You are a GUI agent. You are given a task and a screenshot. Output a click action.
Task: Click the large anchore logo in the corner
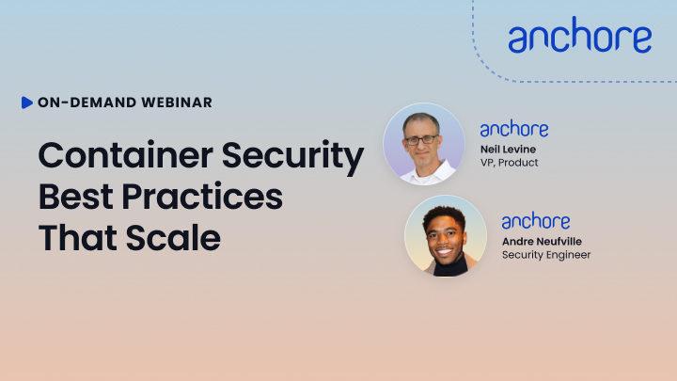pyautogui.click(x=580, y=35)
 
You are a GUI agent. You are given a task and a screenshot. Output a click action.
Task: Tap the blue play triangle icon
pyautogui.click(x=26, y=103)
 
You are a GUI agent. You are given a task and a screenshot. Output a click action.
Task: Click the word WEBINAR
pyautogui.click(x=177, y=103)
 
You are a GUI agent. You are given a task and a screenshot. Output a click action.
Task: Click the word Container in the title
pyautogui.click(x=126, y=154)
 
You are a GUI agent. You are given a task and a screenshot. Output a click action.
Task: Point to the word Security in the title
pyautogui.click(x=292, y=157)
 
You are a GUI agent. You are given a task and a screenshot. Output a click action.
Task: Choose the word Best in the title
pyautogui.click(x=76, y=197)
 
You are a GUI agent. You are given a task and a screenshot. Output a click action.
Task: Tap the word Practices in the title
pyautogui.click(x=202, y=197)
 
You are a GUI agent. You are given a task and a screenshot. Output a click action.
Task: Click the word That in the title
pyautogui.click(x=78, y=237)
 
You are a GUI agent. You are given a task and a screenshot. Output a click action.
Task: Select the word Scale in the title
pyautogui.click(x=173, y=237)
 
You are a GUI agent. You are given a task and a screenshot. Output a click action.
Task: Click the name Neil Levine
pyautogui.click(x=508, y=150)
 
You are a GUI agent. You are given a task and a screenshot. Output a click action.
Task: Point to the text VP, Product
pyautogui.click(x=510, y=163)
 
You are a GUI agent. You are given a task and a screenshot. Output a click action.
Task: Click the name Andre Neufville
pyautogui.click(x=542, y=242)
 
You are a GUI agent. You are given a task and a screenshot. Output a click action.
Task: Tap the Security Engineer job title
pyautogui.click(x=546, y=255)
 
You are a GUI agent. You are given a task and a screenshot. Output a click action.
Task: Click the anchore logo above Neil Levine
pyautogui.click(x=514, y=129)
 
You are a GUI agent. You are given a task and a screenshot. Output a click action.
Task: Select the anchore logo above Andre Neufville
pyautogui.click(x=536, y=221)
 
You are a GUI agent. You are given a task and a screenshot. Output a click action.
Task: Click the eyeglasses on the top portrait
pyautogui.click(x=421, y=140)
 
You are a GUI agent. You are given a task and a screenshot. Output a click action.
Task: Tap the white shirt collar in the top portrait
pyautogui.click(x=428, y=172)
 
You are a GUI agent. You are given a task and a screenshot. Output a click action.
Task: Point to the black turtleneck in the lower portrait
pyautogui.click(x=450, y=265)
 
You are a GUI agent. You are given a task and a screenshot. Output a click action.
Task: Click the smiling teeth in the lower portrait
pyautogui.click(x=444, y=251)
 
